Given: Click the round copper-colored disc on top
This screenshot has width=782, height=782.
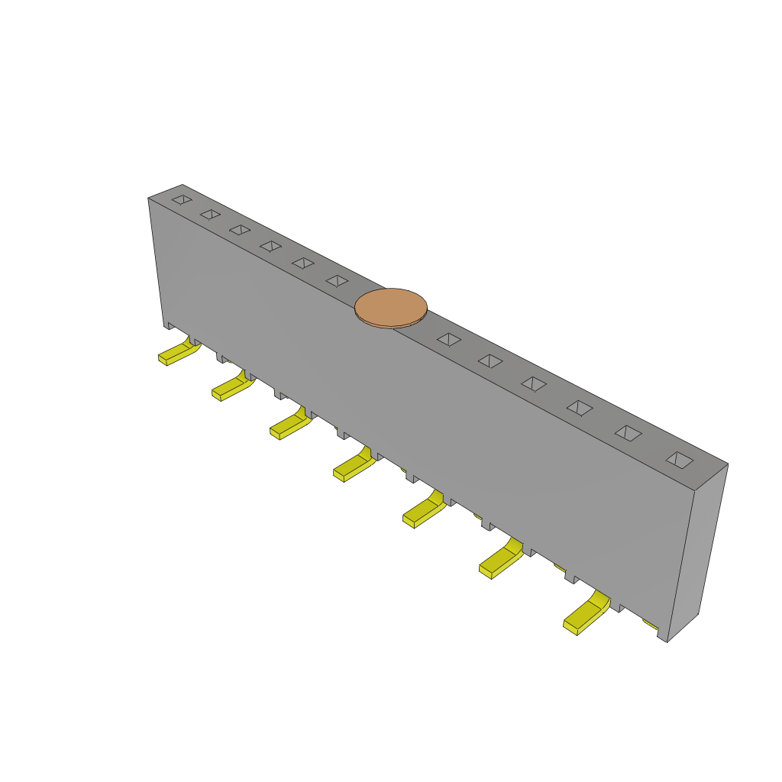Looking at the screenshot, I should (x=390, y=306).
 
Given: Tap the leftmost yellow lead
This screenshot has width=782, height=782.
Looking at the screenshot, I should (x=178, y=353).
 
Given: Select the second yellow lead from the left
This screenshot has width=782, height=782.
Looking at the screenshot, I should (x=231, y=387).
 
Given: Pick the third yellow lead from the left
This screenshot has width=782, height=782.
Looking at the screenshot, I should (x=290, y=425).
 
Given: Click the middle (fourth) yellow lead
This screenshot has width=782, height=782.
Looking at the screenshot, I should (x=354, y=466).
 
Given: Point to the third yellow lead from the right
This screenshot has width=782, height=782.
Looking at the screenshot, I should (x=424, y=512).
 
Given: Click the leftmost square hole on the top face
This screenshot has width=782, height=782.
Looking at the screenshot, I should (x=182, y=199).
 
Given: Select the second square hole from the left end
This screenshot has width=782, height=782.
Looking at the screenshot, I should (x=210, y=215).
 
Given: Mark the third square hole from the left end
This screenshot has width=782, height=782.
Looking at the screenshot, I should (x=240, y=230).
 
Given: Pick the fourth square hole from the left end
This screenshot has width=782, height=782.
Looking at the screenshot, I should (x=270, y=246).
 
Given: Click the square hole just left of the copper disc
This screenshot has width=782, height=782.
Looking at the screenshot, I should (x=337, y=281).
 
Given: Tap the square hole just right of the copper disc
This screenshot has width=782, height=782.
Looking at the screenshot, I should (x=449, y=339).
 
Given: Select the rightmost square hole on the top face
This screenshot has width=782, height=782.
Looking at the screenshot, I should (x=679, y=460).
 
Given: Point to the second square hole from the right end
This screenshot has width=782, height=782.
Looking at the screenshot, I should (x=628, y=433).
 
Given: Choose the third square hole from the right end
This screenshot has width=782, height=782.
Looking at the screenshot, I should (x=580, y=408).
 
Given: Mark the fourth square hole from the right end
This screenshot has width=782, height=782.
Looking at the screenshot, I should (x=533, y=383).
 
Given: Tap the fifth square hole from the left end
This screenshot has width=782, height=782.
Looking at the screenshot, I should (x=302, y=263).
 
